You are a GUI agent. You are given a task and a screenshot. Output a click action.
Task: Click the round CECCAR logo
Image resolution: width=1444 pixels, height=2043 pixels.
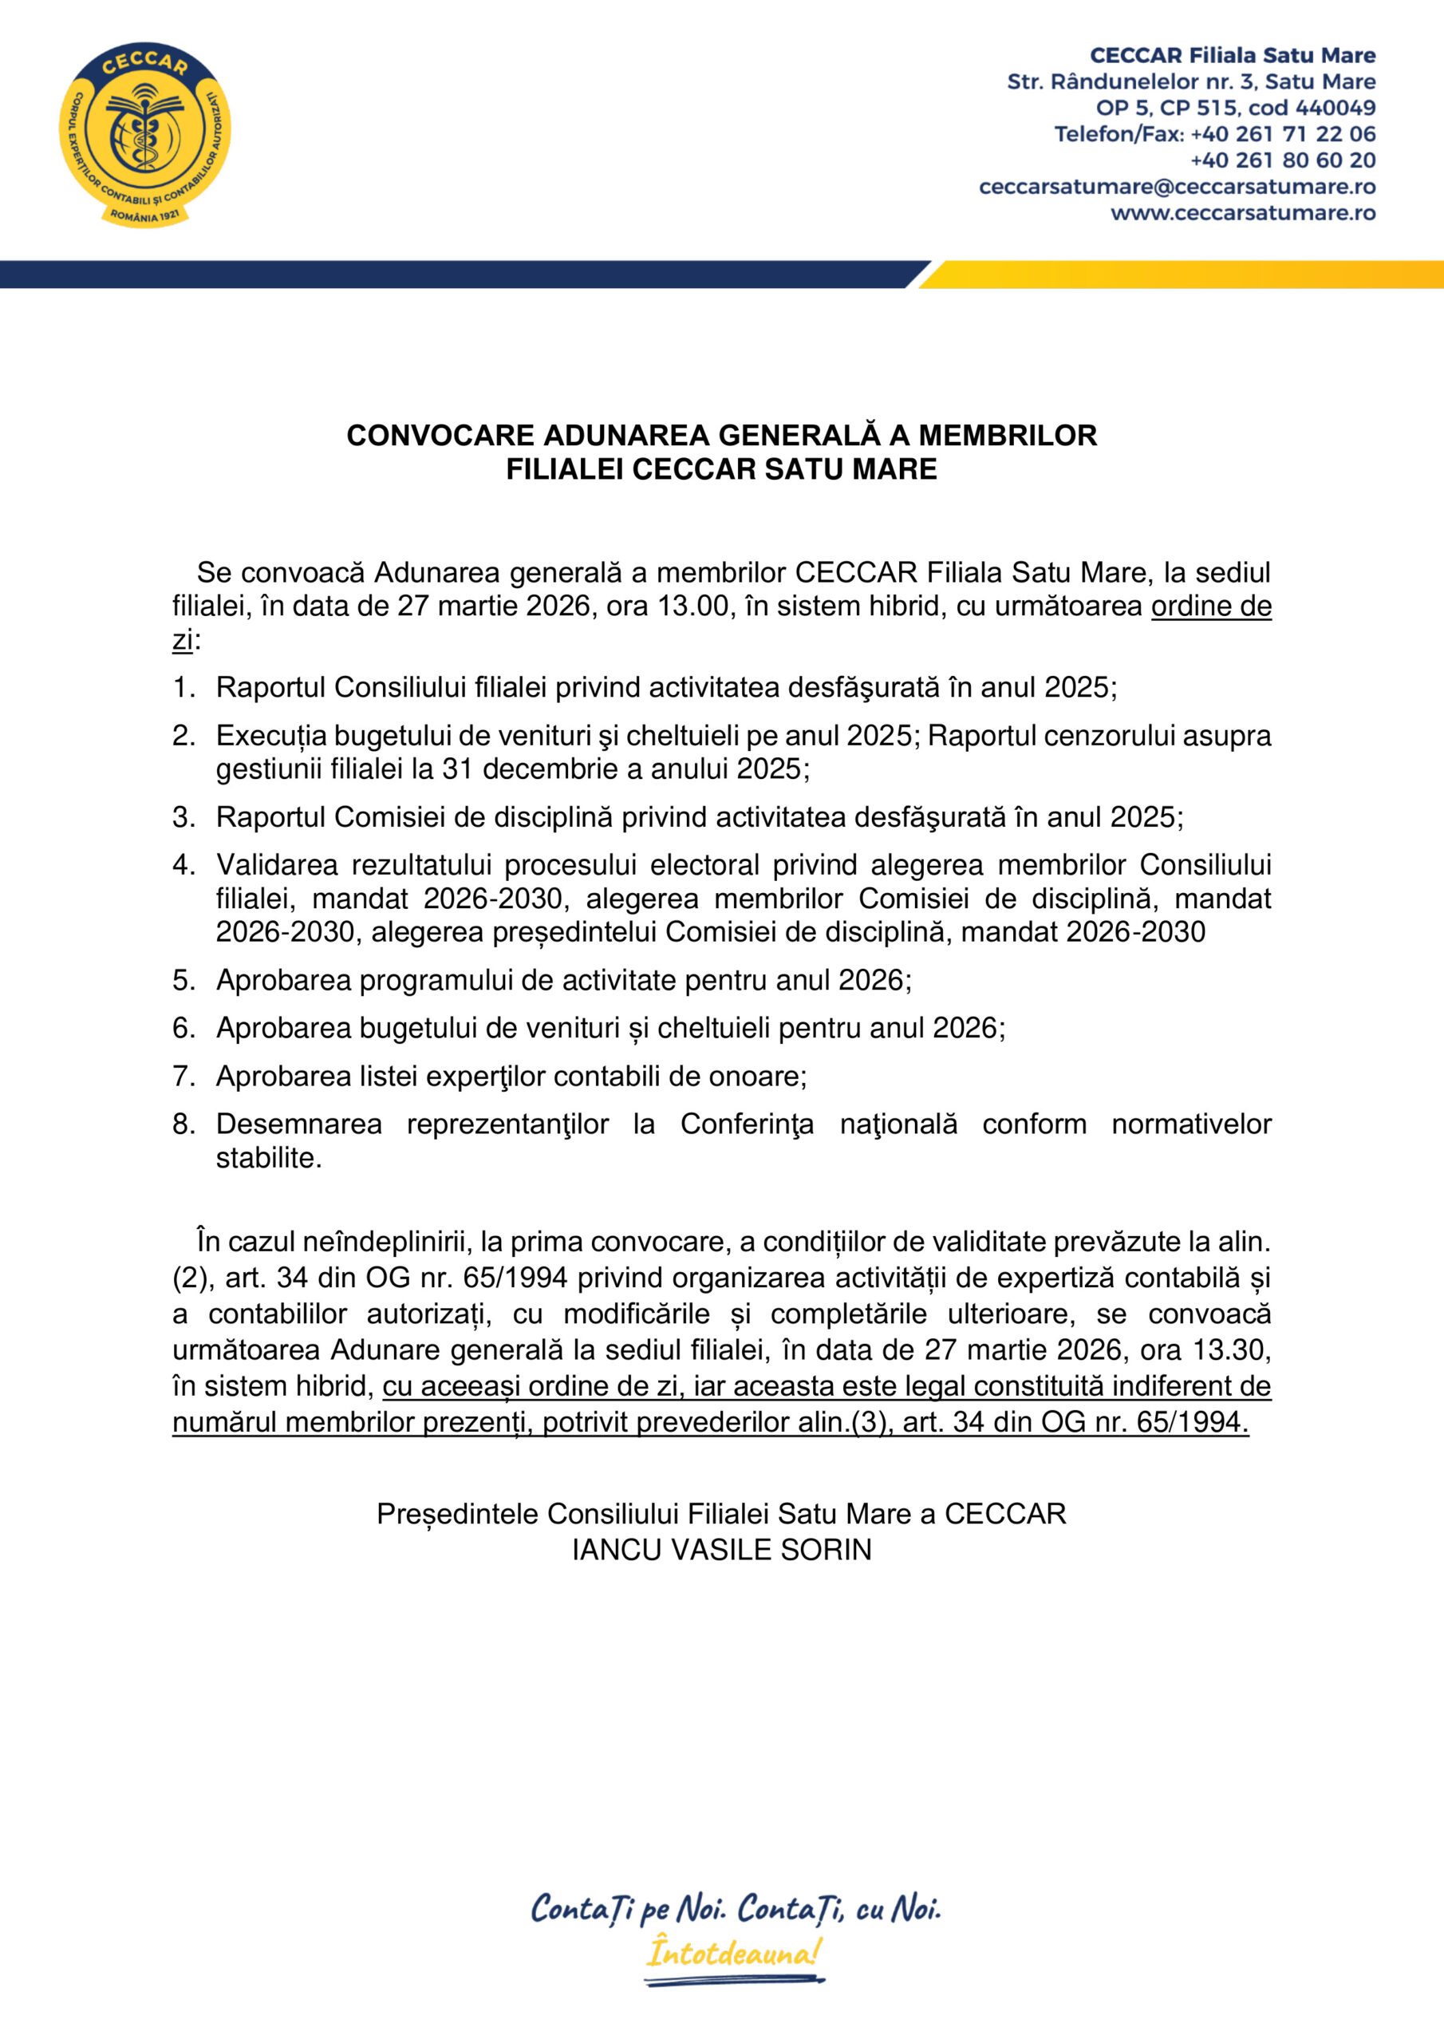click(x=145, y=134)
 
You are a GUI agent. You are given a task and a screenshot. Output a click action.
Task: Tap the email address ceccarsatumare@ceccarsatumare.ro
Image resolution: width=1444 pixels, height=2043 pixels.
click(x=1176, y=187)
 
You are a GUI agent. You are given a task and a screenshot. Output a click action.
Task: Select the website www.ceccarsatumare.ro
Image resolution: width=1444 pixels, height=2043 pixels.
click(x=1242, y=212)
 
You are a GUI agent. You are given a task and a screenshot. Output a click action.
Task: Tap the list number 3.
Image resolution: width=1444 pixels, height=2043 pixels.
click(x=183, y=817)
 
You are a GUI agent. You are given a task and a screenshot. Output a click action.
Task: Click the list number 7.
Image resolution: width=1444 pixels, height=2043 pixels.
click(x=183, y=1076)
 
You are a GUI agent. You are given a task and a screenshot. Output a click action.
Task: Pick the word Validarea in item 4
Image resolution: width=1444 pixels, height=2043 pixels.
click(x=277, y=864)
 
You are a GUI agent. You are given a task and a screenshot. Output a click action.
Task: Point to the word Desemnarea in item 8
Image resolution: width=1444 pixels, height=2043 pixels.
click(x=298, y=1124)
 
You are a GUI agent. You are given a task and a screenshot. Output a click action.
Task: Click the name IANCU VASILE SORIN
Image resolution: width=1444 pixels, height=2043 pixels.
click(x=721, y=1549)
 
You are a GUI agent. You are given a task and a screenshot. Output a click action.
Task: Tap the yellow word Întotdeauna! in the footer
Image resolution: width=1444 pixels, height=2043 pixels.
click(x=734, y=1953)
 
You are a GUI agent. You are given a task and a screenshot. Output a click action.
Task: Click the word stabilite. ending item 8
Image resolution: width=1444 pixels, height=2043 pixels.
click(x=269, y=1158)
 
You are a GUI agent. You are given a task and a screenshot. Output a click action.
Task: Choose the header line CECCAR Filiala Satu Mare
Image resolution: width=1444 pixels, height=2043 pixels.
click(x=1233, y=55)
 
